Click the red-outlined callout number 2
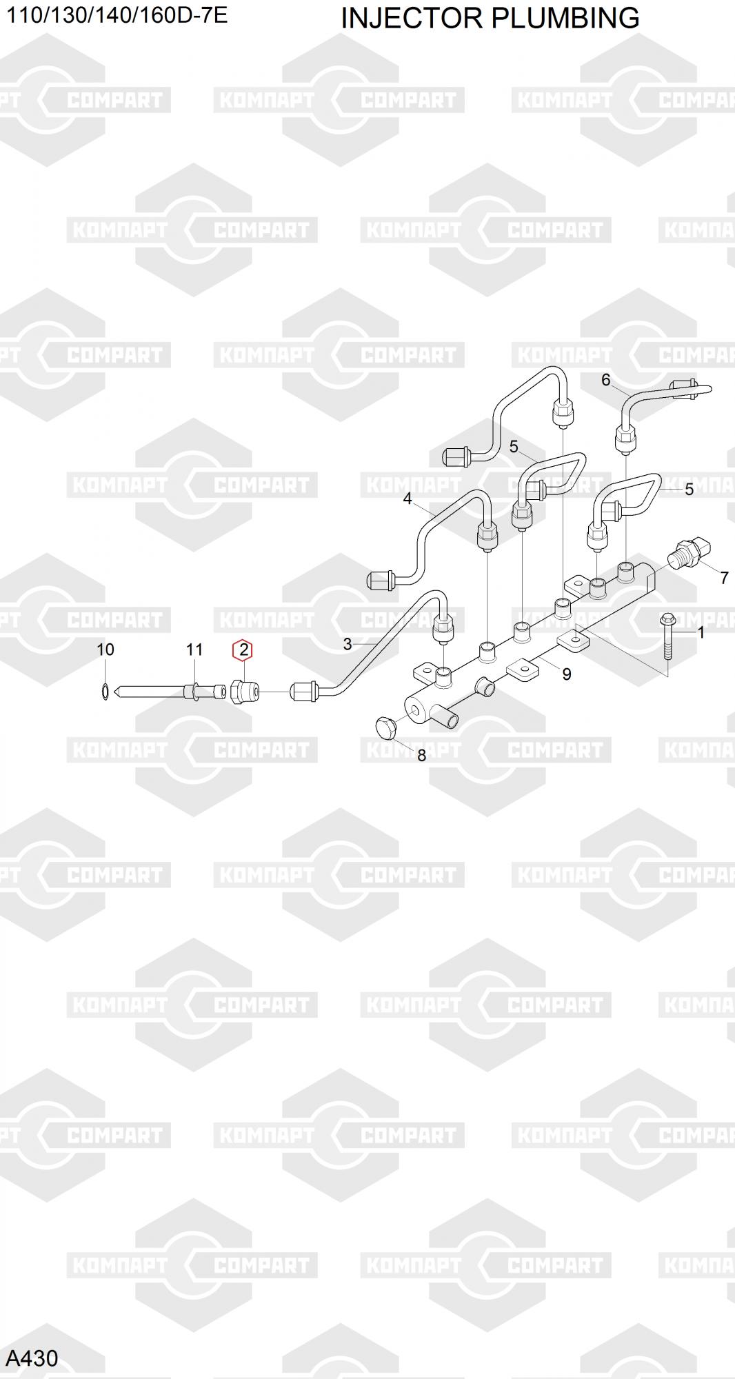tap(243, 650)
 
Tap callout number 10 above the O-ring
tap(105, 650)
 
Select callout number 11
tap(194, 650)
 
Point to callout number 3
tap(348, 644)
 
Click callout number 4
tap(407, 499)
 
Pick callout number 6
tap(606, 380)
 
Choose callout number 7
tap(724, 578)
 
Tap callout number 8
tap(421, 756)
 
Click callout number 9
tap(567, 674)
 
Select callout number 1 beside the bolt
tap(701, 632)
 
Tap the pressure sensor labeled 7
tap(690, 554)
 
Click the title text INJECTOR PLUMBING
tap(490, 18)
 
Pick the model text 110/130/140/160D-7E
tap(117, 15)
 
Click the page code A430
tap(32, 1358)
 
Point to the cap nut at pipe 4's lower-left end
tap(380, 581)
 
